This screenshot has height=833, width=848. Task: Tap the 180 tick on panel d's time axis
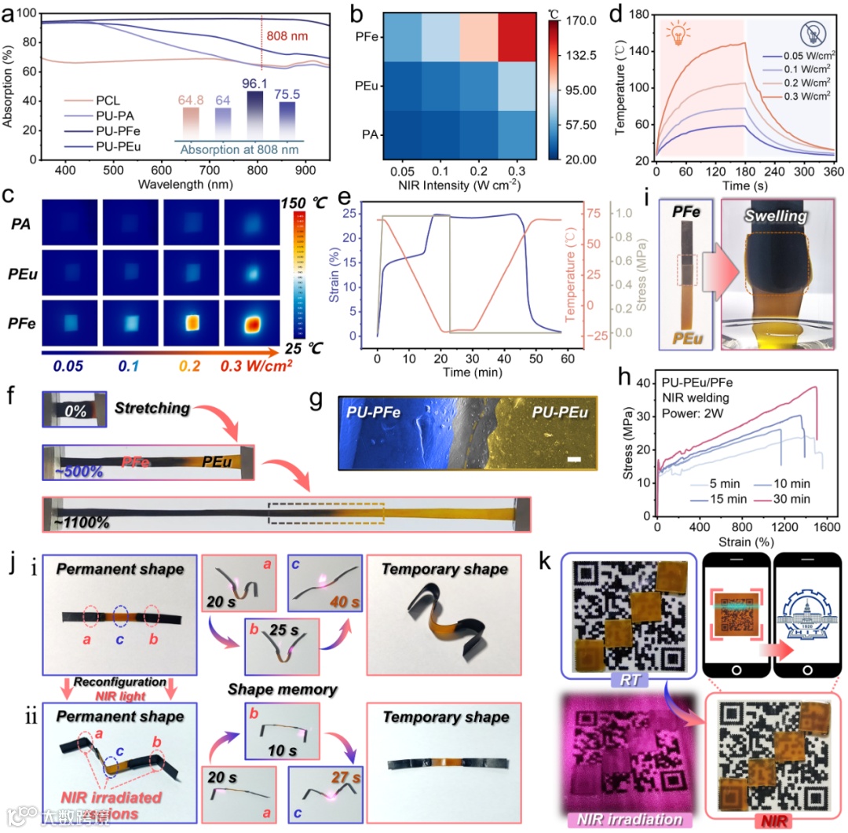coord(744,172)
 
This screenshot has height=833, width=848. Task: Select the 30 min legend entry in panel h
coord(791,498)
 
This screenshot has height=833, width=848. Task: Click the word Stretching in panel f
coord(152,408)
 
